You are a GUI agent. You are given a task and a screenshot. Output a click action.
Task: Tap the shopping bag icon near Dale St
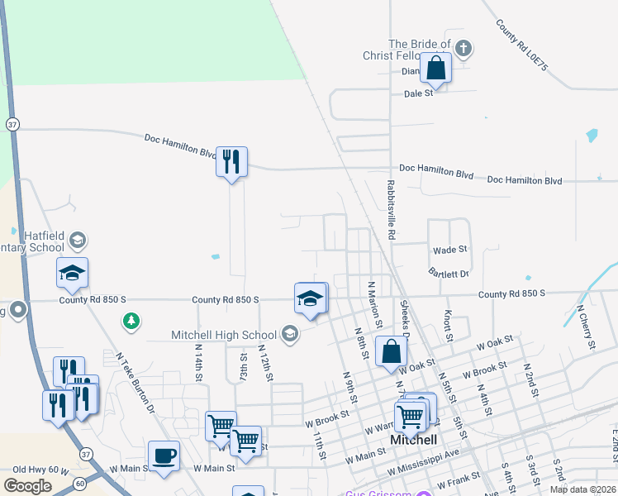coord(435,69)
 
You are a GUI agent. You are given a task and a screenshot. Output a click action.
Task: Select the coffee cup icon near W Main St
coord(164,455)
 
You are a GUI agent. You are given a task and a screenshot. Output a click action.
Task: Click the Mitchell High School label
coord(224,335)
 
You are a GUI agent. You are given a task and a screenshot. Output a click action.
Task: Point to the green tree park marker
coord(130,320)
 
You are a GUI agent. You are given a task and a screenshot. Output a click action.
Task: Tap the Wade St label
coord(450,249)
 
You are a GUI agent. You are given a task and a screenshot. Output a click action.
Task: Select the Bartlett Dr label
coord(449,273)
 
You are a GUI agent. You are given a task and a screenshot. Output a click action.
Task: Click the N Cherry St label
coord(587,327)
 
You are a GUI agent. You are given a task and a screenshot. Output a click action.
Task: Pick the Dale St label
coord(419,93)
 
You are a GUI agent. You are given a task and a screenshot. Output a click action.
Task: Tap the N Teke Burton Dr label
coord(135,383)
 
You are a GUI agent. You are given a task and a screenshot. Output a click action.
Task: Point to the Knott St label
coord(448,325)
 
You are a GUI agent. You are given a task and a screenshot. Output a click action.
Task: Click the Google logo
coord(27,485)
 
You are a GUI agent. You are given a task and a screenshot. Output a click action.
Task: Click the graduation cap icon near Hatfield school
coord(72,273)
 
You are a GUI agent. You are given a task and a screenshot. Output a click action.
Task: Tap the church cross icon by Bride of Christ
coord(463,48)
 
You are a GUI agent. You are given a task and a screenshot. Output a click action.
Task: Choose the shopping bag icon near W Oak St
coord(391,351)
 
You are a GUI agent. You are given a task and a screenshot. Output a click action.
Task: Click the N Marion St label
coord(372,298)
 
